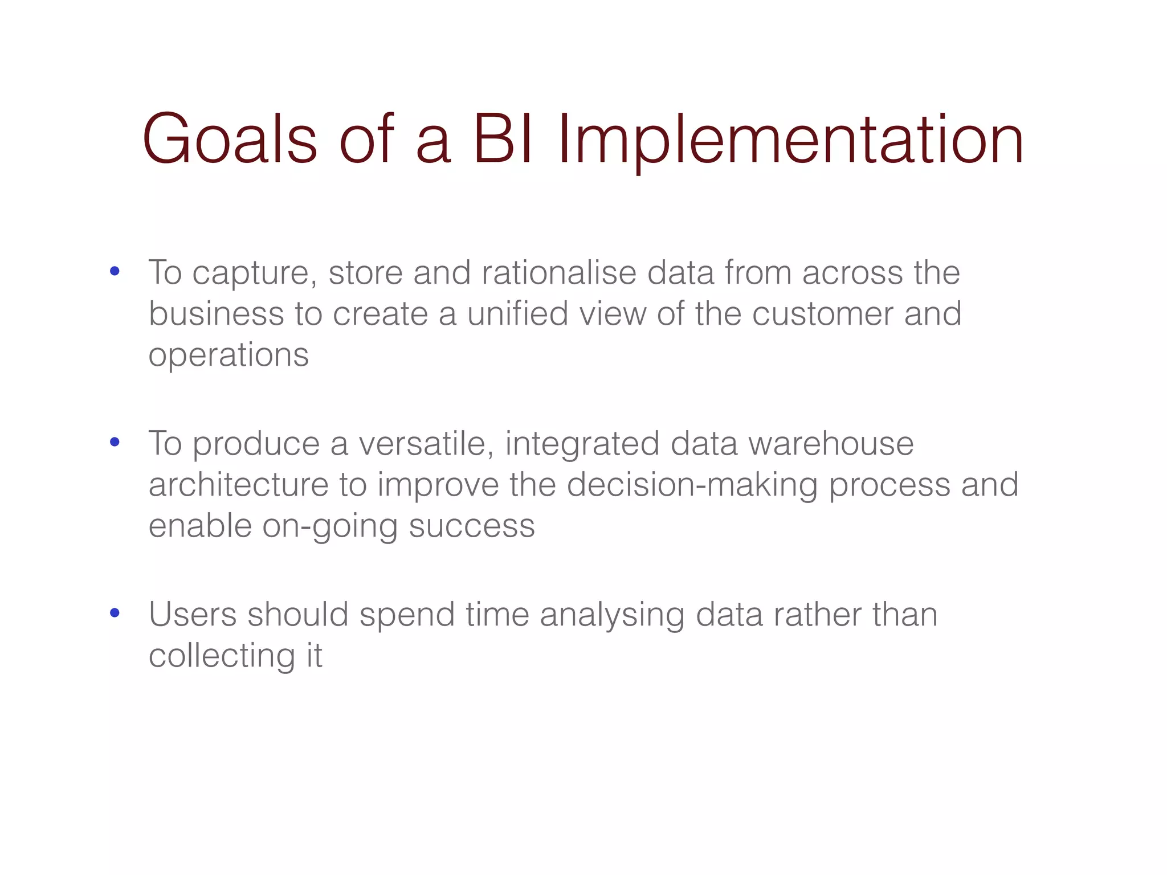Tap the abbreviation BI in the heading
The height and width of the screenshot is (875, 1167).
tap(504, 140)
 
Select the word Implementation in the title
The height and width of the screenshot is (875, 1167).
tap(791, 140)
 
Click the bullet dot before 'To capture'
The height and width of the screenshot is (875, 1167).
tap(115, 272)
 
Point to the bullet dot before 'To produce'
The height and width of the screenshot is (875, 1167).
tap(115, 442)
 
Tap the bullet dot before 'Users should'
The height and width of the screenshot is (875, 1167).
tap(115, 613)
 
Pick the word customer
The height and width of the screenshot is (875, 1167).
tap(822, 314)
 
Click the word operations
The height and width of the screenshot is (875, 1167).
tap(228, 355)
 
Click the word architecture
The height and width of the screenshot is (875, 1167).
tap(239, 485)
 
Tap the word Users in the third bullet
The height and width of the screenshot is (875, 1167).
tap(193, 615)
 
